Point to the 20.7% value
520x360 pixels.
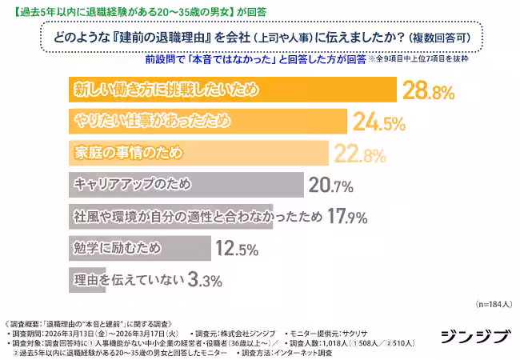[x=331, y=186]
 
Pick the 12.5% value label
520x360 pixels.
[x=235, y=249]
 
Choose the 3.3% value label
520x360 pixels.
[x=203, y=280]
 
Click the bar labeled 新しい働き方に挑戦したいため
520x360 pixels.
[x=232, y=90]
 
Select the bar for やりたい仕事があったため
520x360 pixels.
[x=207, y=122]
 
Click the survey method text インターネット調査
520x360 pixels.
[x=303, y=352]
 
